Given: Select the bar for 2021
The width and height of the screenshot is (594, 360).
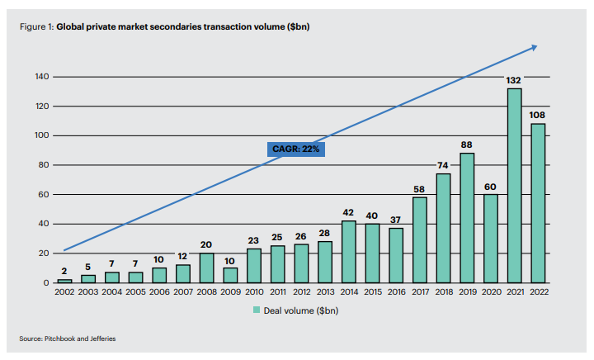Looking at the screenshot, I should pos(514,186).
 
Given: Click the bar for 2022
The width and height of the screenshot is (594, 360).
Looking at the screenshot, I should pos(538,203).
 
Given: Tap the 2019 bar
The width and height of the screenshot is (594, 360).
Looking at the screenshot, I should pos(467,218).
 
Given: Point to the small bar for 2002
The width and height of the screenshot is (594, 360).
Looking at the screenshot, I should pos(64,281).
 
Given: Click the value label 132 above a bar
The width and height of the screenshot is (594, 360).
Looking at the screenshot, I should pos(514,79).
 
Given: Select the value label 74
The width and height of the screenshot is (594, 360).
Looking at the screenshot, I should pos(443,164).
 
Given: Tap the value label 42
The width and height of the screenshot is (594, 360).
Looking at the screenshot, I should pos(348,212).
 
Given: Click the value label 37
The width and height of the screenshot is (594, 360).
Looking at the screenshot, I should pos(395,219).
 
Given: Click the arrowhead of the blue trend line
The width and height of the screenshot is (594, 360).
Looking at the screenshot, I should pos(534,47).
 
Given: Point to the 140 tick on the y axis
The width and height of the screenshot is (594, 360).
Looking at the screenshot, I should pos(41,77).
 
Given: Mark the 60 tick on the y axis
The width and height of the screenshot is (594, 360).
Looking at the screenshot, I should pos(44,195).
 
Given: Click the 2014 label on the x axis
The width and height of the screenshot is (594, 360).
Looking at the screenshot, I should pos(348,292).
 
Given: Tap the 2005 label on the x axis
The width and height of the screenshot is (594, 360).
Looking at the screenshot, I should pos(135,292).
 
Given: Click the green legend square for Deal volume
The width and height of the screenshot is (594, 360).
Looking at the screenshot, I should pos(257,310).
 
